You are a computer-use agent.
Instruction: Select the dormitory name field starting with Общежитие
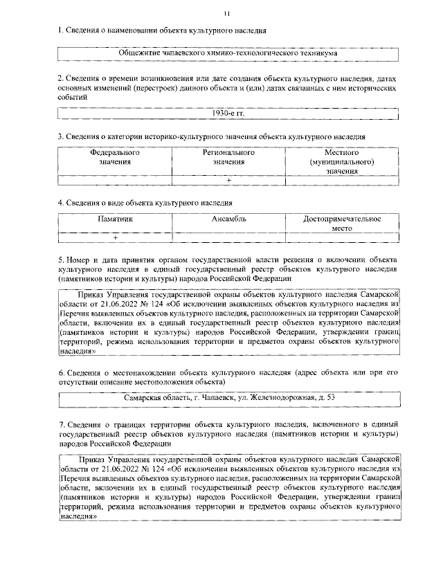(228, 53)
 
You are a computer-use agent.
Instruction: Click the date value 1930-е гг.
(229, 112)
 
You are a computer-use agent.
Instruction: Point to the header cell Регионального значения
(228, 156)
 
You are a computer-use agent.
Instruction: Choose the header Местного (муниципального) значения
(342, 161)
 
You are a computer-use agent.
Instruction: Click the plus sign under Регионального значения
(228, 180)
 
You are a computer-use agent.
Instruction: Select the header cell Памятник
(115, 219)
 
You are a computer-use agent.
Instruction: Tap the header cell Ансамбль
(228, 219)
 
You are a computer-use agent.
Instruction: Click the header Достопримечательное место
(342, 223)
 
